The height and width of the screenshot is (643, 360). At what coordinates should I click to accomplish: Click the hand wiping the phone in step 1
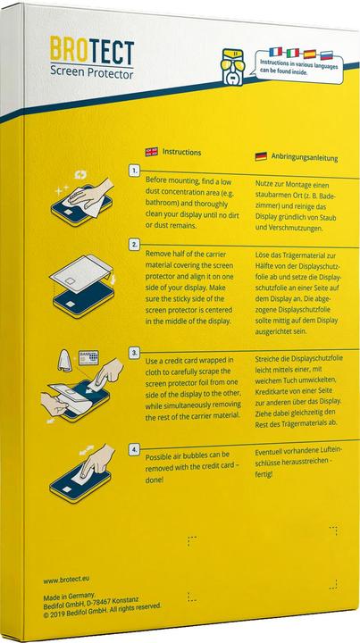(x=82, y=198)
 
